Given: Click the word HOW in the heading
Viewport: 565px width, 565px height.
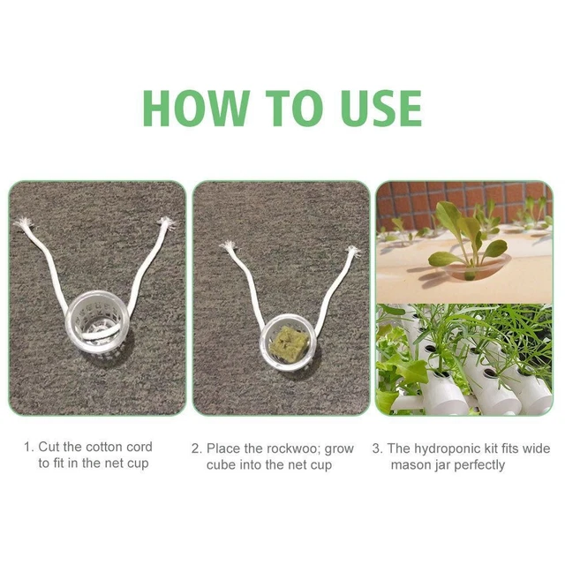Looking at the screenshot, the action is (x=196, y=108).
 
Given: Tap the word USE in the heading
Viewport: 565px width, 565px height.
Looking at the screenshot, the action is (x=381, y=108).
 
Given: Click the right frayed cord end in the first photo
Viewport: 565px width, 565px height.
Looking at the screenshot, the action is (x=167, y=223).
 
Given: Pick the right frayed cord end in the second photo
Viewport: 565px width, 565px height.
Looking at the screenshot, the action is (x=352, y=251).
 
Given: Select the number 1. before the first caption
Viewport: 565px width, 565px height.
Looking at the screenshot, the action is (x=29, y=448).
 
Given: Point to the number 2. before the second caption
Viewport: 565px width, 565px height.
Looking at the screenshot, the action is (x=197, y=449).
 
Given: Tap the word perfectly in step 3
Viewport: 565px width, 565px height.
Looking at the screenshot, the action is (x=475, y=465).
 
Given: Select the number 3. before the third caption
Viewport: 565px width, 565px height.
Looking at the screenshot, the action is (x=378, y=449).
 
